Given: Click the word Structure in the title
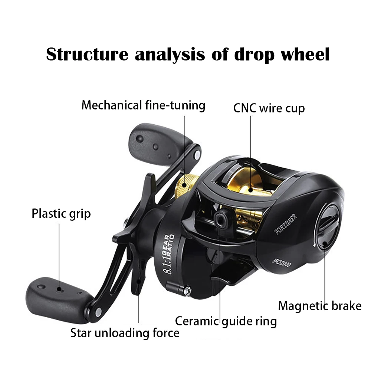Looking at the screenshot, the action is coord(86,55).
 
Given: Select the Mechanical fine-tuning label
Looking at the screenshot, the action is coord(143,105).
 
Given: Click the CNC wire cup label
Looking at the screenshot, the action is coord(269,108).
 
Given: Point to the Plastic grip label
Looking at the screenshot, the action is coord(61,214).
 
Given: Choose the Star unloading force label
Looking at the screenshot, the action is coord(125,333).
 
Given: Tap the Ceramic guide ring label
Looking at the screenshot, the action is coord(226,321).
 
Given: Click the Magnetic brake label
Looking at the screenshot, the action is coord(319,306).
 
